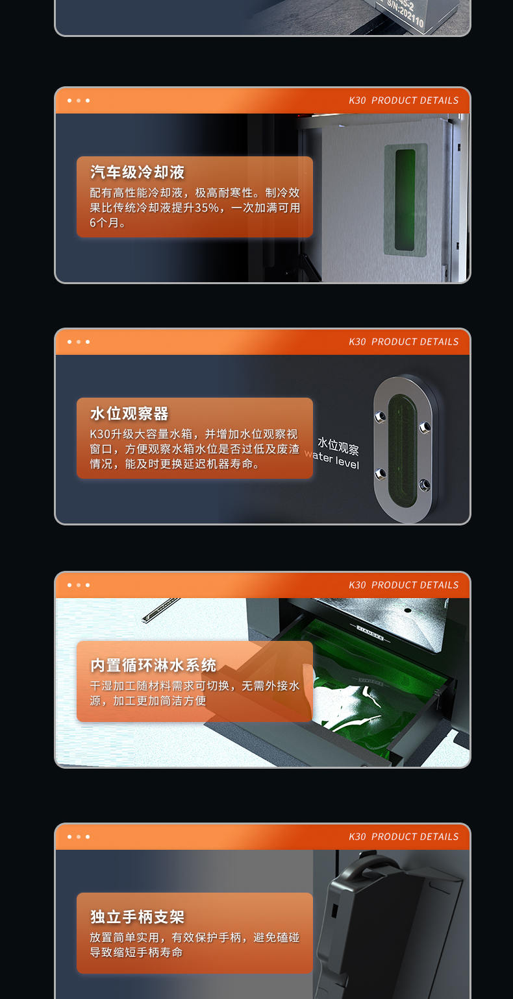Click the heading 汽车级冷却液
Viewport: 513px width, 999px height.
tap(138, 172)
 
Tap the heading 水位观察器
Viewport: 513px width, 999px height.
tap(129, 414)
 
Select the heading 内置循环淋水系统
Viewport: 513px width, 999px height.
tap(153, 666)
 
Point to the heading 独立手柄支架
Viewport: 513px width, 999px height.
tap(138, 917)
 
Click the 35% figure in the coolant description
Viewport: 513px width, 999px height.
tap(207, 208)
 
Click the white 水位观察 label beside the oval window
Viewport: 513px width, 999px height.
tap(338, 446)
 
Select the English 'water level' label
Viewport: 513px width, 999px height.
tap(332, 459)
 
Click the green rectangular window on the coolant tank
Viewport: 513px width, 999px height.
tap(405, 200)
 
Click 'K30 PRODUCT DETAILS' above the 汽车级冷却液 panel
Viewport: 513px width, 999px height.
tap(403, 101)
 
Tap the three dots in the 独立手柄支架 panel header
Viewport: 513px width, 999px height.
tap(79, 837)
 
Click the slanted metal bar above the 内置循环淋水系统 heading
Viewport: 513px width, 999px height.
tap(160, 610)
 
